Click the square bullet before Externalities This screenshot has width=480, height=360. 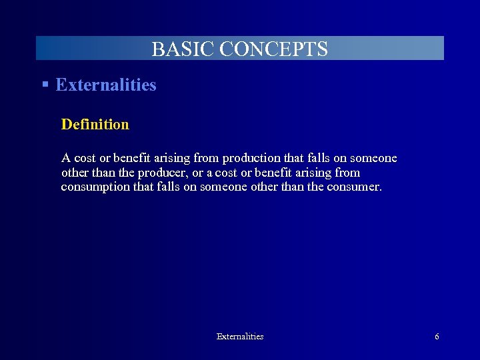pos(45,85)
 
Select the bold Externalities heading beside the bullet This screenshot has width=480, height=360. pos(106,85)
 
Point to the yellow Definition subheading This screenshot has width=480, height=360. pos(95,124)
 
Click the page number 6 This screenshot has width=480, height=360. pos(437,337)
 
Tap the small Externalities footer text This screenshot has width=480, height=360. pos(240,337)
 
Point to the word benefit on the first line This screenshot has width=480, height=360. pos(131,159)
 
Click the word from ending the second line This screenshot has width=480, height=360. pos(347,173)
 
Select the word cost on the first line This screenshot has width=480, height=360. pos(85,159)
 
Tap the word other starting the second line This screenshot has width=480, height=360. pos(74,173)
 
